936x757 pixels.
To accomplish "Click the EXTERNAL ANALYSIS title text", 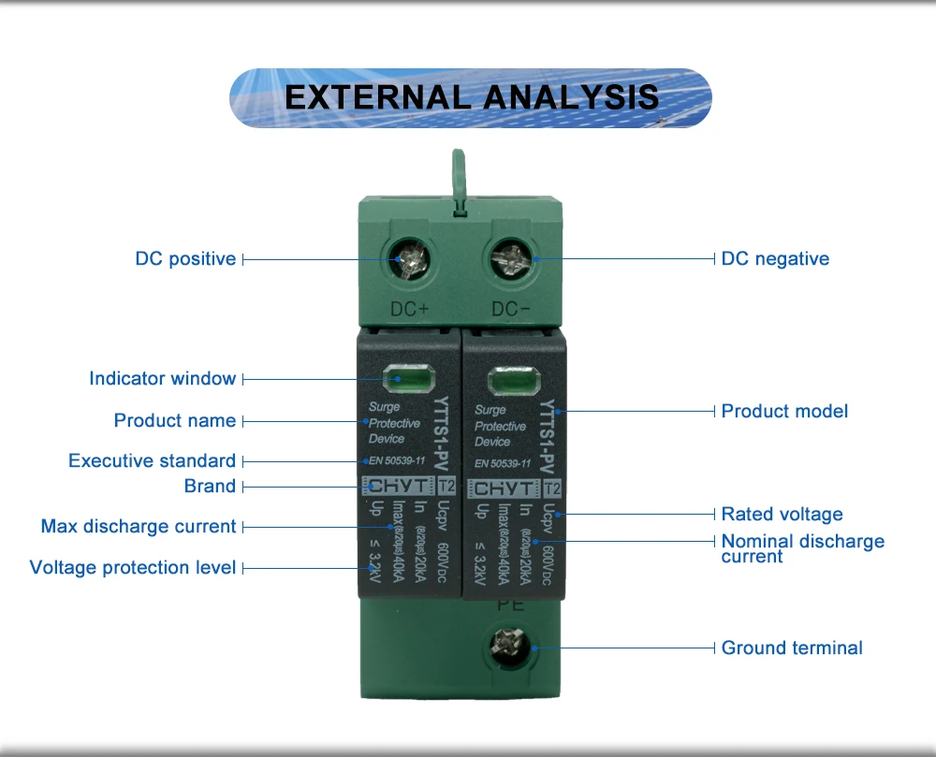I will (471, 97).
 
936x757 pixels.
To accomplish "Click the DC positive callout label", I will (185, 258).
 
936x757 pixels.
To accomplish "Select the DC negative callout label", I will (775, 258).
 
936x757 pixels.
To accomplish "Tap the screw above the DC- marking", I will (511, 257).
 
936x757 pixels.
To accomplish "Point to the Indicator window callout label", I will (162, 378).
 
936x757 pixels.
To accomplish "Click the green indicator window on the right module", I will (511, 382).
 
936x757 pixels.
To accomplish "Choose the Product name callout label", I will (174, 420).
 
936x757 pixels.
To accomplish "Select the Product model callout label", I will (784, 411).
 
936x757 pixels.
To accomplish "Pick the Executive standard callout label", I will (152, 460).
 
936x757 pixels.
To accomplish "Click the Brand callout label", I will (210, 486).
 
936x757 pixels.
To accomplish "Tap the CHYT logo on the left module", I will (397, 487).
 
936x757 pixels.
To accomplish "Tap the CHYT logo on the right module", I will (503, 488).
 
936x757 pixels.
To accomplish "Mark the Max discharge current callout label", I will (138, 526).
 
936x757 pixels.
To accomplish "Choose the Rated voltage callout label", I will (782, 514).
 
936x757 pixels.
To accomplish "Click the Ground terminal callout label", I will (792, 648).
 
